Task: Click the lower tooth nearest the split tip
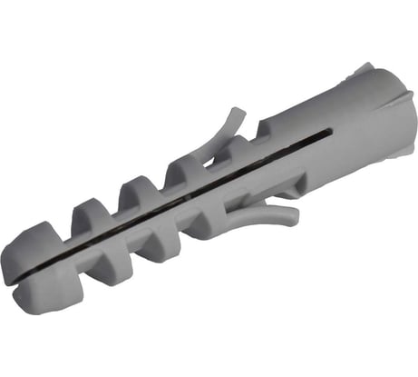[101, 269]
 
